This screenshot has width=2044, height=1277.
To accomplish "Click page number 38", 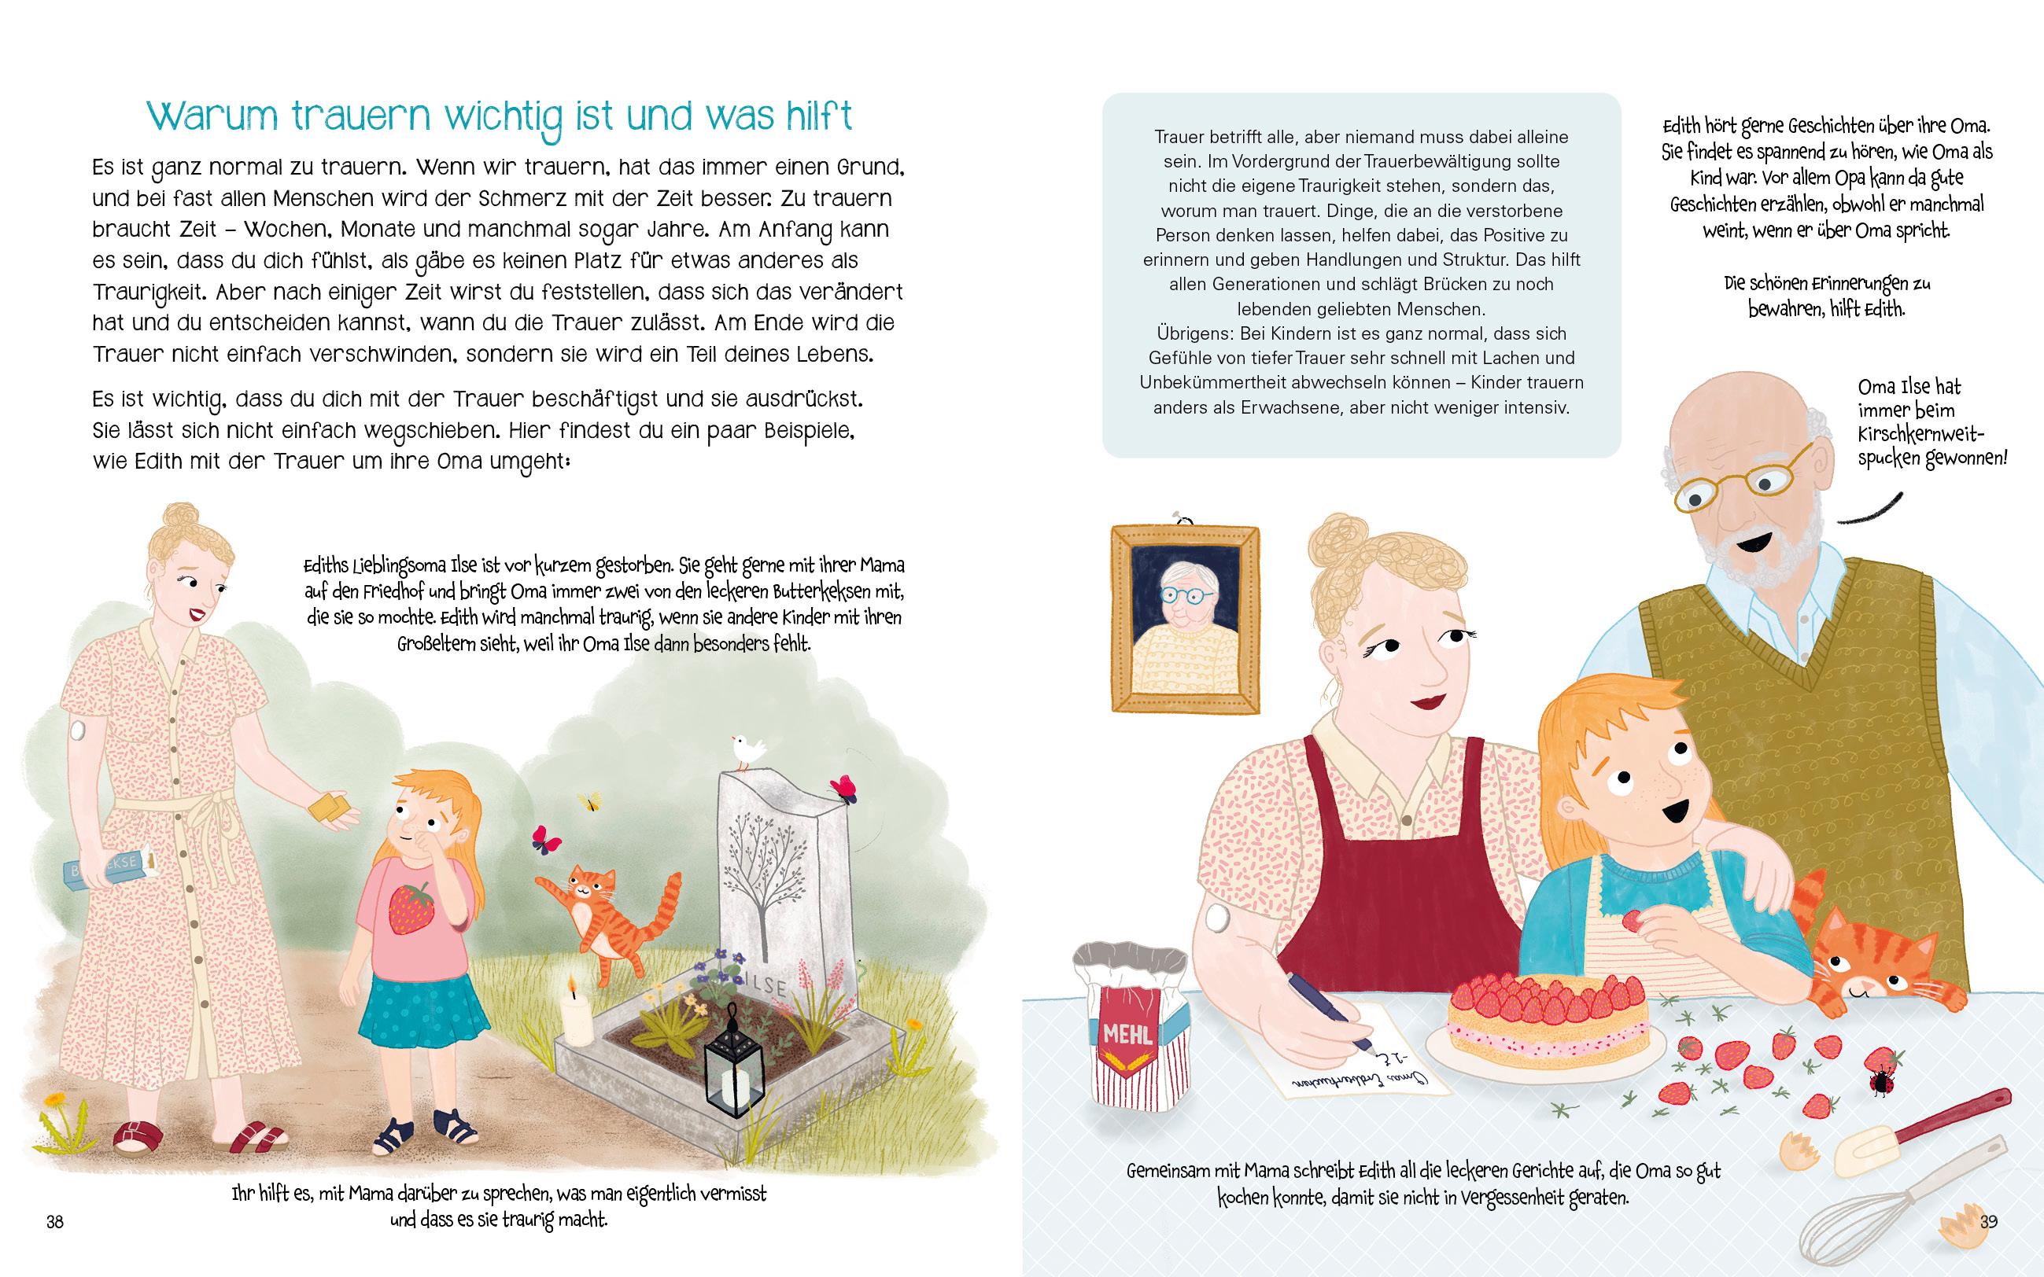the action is click(x=55, y=1221).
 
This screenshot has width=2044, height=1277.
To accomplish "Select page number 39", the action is click(x=1989, y=1221).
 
